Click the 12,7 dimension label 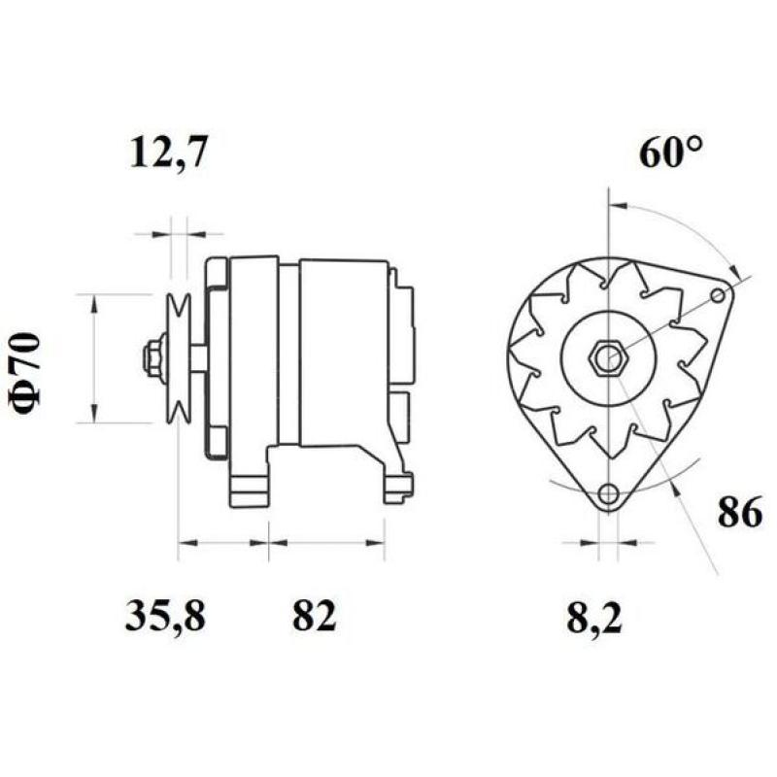coord(168,154)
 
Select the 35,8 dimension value coord(165,617)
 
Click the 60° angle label coord(670,153)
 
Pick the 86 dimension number coord(740,514)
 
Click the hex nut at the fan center coord(609,357)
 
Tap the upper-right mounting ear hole coord(718,294)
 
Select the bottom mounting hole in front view coord(608,494)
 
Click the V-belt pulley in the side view coord(178,357)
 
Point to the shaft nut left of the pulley coord(152,357)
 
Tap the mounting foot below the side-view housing coord(248,486)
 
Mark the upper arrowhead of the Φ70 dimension coord(94,302)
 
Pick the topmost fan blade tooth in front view coord(609,273)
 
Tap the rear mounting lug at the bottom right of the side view coord(397,486)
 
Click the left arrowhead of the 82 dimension coord(276,541)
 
